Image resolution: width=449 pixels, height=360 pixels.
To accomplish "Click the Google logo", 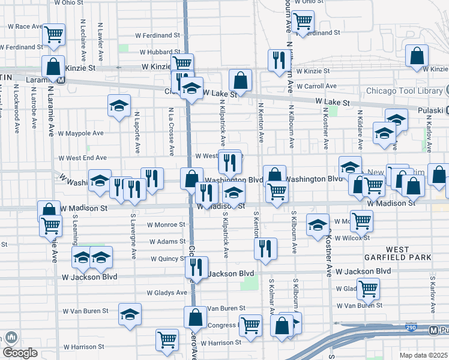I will (20, 352).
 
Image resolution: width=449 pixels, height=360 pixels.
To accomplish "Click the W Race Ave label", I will (25, 26).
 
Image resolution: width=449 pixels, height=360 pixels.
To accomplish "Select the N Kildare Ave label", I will (360, 130).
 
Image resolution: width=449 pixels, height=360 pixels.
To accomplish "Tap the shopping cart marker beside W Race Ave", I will (54, 35).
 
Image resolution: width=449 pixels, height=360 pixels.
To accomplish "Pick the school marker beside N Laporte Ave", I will (119, 106).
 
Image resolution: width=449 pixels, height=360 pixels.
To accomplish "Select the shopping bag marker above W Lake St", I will (240, 80).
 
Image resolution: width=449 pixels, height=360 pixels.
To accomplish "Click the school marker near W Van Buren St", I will (130, 314).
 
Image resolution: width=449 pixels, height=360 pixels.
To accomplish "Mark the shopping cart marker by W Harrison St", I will (167, 340).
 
